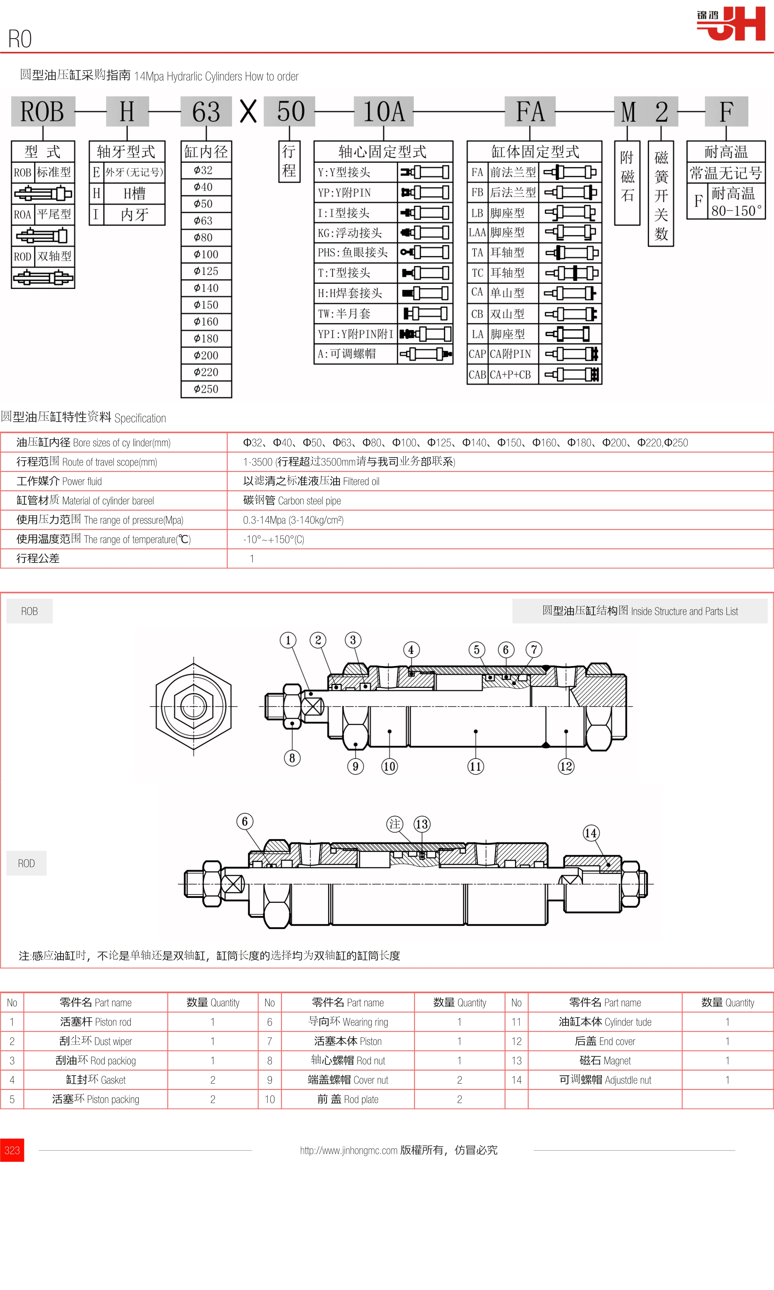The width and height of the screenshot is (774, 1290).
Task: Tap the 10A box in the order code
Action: (384, 112)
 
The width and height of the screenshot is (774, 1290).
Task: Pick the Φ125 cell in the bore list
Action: (206, 271)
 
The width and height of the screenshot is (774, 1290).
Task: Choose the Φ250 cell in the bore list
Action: (206, 389)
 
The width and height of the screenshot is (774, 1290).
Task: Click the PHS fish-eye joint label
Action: (353, 253)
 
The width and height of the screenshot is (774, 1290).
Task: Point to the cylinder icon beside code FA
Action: (570, 172)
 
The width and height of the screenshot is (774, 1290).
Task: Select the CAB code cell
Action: (477, 374)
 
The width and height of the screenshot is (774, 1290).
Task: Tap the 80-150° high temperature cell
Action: (736, 202)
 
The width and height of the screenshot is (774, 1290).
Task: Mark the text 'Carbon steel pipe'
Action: (309, 501)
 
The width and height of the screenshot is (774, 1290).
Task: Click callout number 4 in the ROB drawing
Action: (411, 650)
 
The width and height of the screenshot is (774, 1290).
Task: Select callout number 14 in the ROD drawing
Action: (590, 833)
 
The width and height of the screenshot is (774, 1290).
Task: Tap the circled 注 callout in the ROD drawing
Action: (395, 824)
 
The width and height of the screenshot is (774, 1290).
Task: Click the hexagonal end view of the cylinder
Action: (194, 707)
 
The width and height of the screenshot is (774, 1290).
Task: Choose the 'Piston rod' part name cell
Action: (96, 1022)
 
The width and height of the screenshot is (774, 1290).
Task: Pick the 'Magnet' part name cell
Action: (605, 1061)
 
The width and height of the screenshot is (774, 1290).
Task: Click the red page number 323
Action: (12, 1150)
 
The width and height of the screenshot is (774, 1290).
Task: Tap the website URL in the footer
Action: (348, 1150)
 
